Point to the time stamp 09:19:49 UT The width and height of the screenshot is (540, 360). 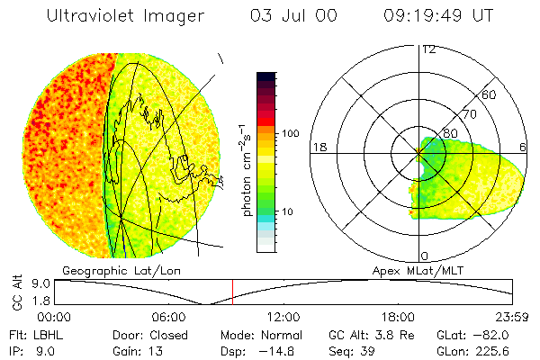click(x=438, y=16)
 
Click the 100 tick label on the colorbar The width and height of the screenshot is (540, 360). click(x=290, y=133)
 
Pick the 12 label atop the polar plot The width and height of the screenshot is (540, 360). click(x=428, y=49)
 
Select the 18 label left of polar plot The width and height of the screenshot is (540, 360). click(x=319, y=147)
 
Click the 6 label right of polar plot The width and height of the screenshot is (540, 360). click(x=524, y=147)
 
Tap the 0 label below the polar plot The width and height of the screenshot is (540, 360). click(x=424, y=256)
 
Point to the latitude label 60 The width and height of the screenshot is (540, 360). click(x=490, y=94)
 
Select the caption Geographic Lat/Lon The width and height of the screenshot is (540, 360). click(x=106, y=270)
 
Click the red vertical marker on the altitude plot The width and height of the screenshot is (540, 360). click(x=232, y=292)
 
